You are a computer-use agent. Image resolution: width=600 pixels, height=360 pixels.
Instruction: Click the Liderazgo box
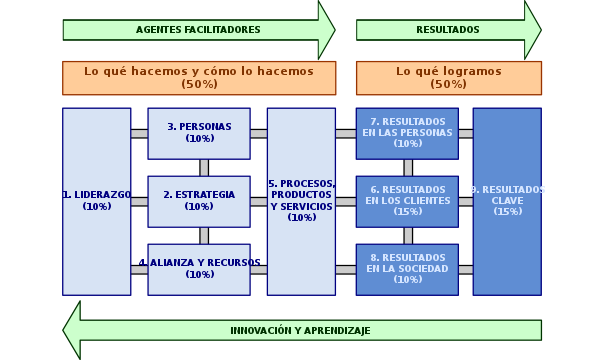click(96, 201)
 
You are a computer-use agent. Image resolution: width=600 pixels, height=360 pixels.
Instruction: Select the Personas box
click(199, 133)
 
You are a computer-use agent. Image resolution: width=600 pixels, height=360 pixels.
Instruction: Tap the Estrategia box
click(199, 201)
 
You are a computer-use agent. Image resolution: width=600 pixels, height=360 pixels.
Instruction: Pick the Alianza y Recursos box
click(199, 269)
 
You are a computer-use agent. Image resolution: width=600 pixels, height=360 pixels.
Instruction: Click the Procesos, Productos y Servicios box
click(301, 201)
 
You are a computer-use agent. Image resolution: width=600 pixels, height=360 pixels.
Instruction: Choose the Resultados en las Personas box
click(407, 133)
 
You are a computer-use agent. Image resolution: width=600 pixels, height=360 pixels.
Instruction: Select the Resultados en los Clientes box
click(407, 201)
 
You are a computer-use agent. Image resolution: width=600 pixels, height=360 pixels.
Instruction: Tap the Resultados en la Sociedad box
click(407, 269)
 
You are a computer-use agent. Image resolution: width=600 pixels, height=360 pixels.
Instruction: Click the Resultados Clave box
click(507, 201)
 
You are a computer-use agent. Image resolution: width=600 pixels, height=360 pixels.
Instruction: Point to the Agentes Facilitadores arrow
click(198, 30)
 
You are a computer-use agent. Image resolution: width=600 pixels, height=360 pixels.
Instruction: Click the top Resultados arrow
click(447, 30)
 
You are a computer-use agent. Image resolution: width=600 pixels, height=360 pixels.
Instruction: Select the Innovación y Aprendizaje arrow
click(300, 330)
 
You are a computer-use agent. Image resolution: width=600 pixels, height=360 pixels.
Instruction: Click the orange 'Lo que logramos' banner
click(449, 77)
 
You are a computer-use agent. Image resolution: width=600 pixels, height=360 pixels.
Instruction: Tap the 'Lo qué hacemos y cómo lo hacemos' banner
click(199, 77)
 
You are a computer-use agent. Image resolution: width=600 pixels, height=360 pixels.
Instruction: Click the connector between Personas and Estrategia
click(204, 167)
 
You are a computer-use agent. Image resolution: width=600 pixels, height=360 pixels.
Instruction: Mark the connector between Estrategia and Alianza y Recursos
click(204, 235)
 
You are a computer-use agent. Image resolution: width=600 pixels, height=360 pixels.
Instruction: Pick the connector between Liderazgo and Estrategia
click(139, 201)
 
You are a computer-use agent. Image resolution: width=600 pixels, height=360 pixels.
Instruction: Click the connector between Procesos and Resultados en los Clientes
click(345, 201)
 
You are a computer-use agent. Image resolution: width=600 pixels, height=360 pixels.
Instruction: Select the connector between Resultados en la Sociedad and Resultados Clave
click(465, 269)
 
